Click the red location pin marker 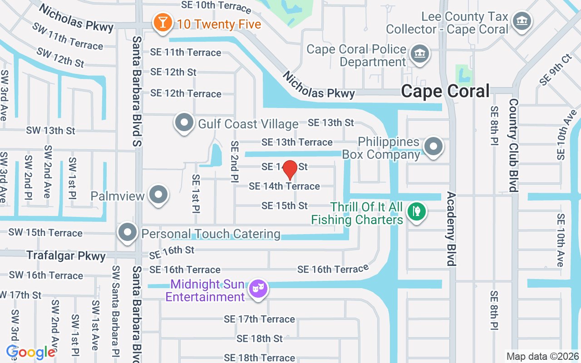coord(290,169)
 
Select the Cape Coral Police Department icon coord(419,54)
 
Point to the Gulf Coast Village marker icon coord(184,123)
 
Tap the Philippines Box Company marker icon coord(433,147)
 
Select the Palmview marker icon coord(158,195)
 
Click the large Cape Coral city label coord(445,91)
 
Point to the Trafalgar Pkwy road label coord(66,256)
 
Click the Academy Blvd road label coord(451,229)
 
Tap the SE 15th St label coord(285,206)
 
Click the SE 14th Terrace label coord(284,186)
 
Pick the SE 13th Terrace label coord(297,142)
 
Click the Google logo coord(31,352)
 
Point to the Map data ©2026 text coord(543,356)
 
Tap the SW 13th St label coord(50,131)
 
